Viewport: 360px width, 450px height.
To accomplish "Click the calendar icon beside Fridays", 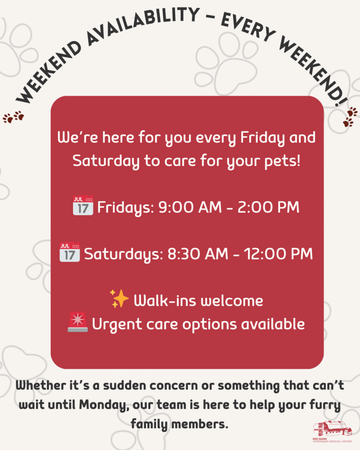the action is click(x=83, y=206).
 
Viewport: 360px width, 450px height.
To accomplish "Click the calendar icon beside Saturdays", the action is click(x=70, y=252).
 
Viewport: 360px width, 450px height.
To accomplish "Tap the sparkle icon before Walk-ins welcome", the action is click(x=119, y=299).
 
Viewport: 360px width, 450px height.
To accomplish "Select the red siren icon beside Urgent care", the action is click(x=78, y=322).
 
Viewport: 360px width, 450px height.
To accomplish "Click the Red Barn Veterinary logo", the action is click(x=332, y=432).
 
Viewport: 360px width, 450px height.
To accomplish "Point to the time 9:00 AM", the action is click(x=190, y=207).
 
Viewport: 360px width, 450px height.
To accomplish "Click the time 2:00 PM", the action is click(x=269, y=207).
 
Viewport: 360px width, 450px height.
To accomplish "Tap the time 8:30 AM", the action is click(x=198, y=254).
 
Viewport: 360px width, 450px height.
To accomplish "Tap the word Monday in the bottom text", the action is click(x=103, y=406).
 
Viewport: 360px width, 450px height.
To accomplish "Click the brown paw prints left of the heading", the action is click(x=13, y=117).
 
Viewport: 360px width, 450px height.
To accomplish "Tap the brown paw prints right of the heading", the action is click(x=350, y=117).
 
